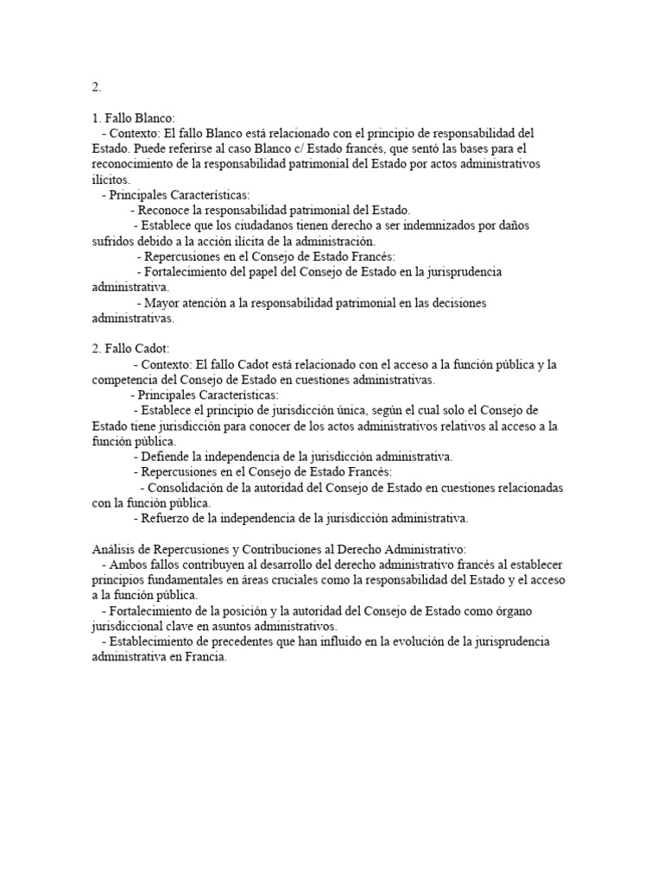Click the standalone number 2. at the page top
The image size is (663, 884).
[x=97, y=87]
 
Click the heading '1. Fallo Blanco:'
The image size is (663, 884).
[x=134, y=118]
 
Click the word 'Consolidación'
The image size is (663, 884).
[x=189, y=488]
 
